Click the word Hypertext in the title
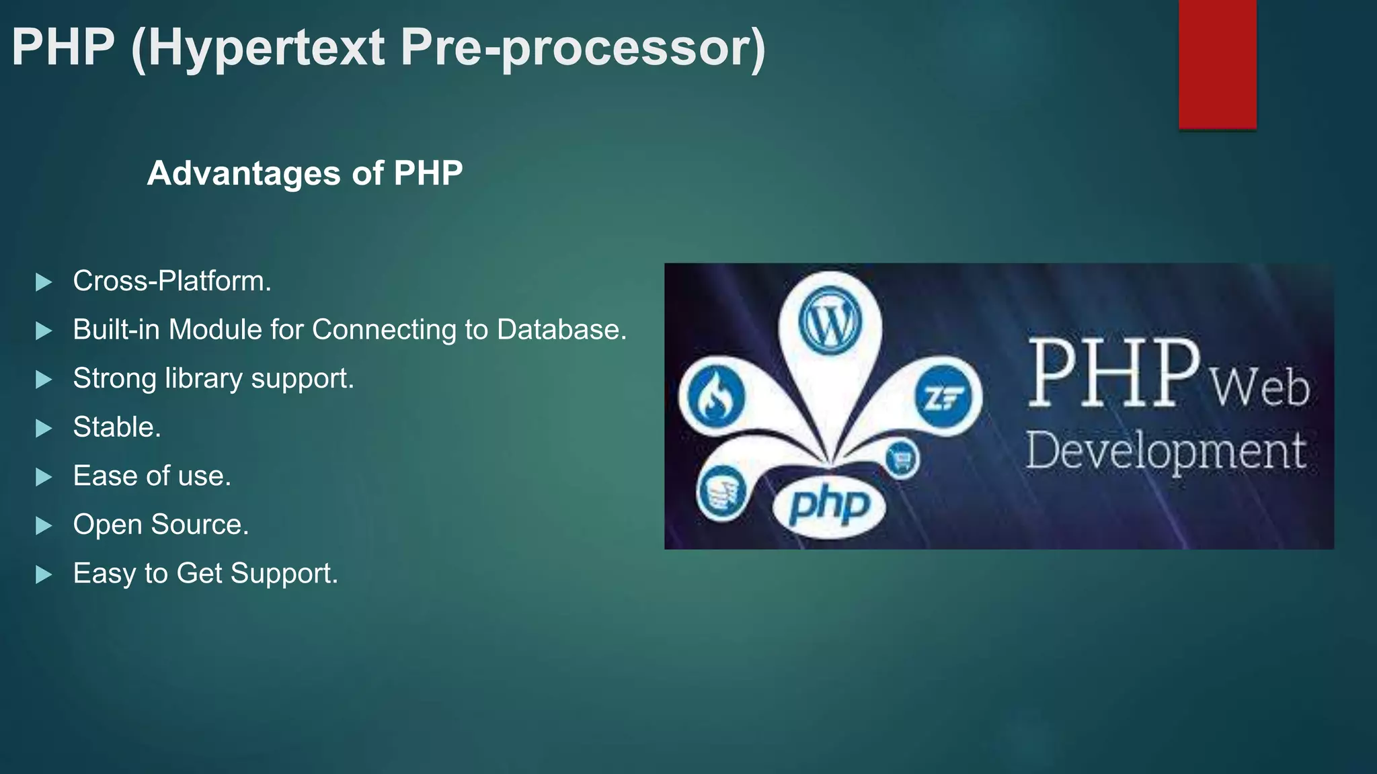tap(258, 48)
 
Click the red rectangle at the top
tap(1217, 64)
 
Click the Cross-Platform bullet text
tap(172, 281)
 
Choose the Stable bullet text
tap(117, 427)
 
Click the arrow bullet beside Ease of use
tap(44, 477)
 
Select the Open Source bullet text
tap(161, 525)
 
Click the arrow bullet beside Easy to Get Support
tap(44, 574)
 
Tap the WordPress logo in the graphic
tap(830, 321)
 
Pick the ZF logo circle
tap(944, 398)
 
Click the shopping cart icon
tap(900, 460)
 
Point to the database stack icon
tap(721, 493)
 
